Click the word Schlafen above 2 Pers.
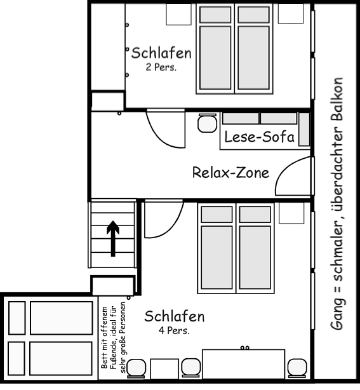tap(161, 53)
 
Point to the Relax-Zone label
tap(230, 172)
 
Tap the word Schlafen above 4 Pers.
tap(174, 316)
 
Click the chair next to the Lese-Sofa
tap(206, 123)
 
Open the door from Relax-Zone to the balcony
tap(295, 177)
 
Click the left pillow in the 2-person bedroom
tap(216, 15)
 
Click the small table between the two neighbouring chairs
tap(164, 368)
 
